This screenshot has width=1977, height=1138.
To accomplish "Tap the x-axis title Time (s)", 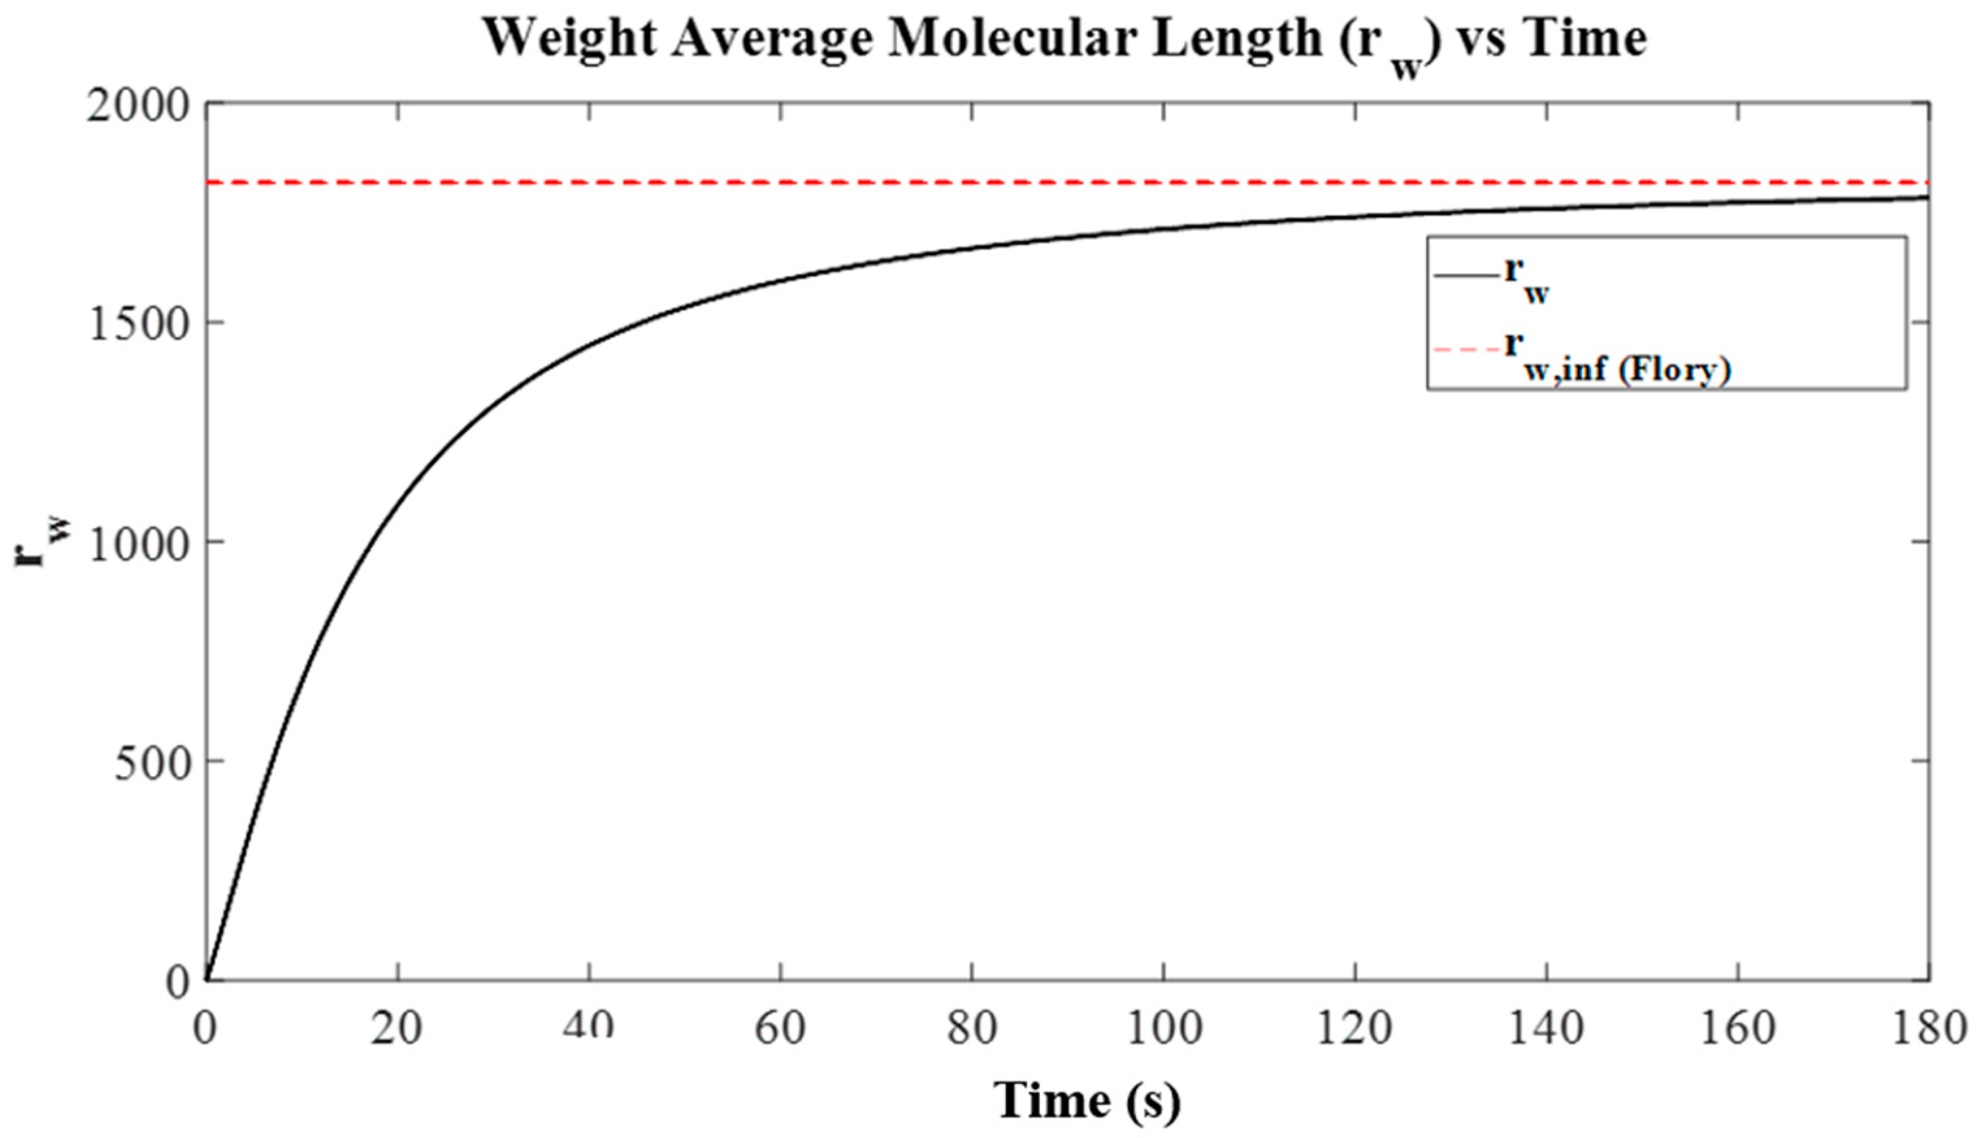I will [x=1088, y=1100].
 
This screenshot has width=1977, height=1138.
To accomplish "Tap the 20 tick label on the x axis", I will [x=396, y=1029].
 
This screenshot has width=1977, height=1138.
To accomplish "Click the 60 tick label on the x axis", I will [x=780, y=1029].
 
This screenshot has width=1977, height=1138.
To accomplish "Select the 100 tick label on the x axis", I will [x=1163, y=1029].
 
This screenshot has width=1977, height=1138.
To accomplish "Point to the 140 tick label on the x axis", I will [x=1546, y=1029].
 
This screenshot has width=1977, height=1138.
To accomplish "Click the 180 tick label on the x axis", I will [x=1928, y=1029].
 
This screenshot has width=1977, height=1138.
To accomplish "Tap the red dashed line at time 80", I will [x=972, y=182].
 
